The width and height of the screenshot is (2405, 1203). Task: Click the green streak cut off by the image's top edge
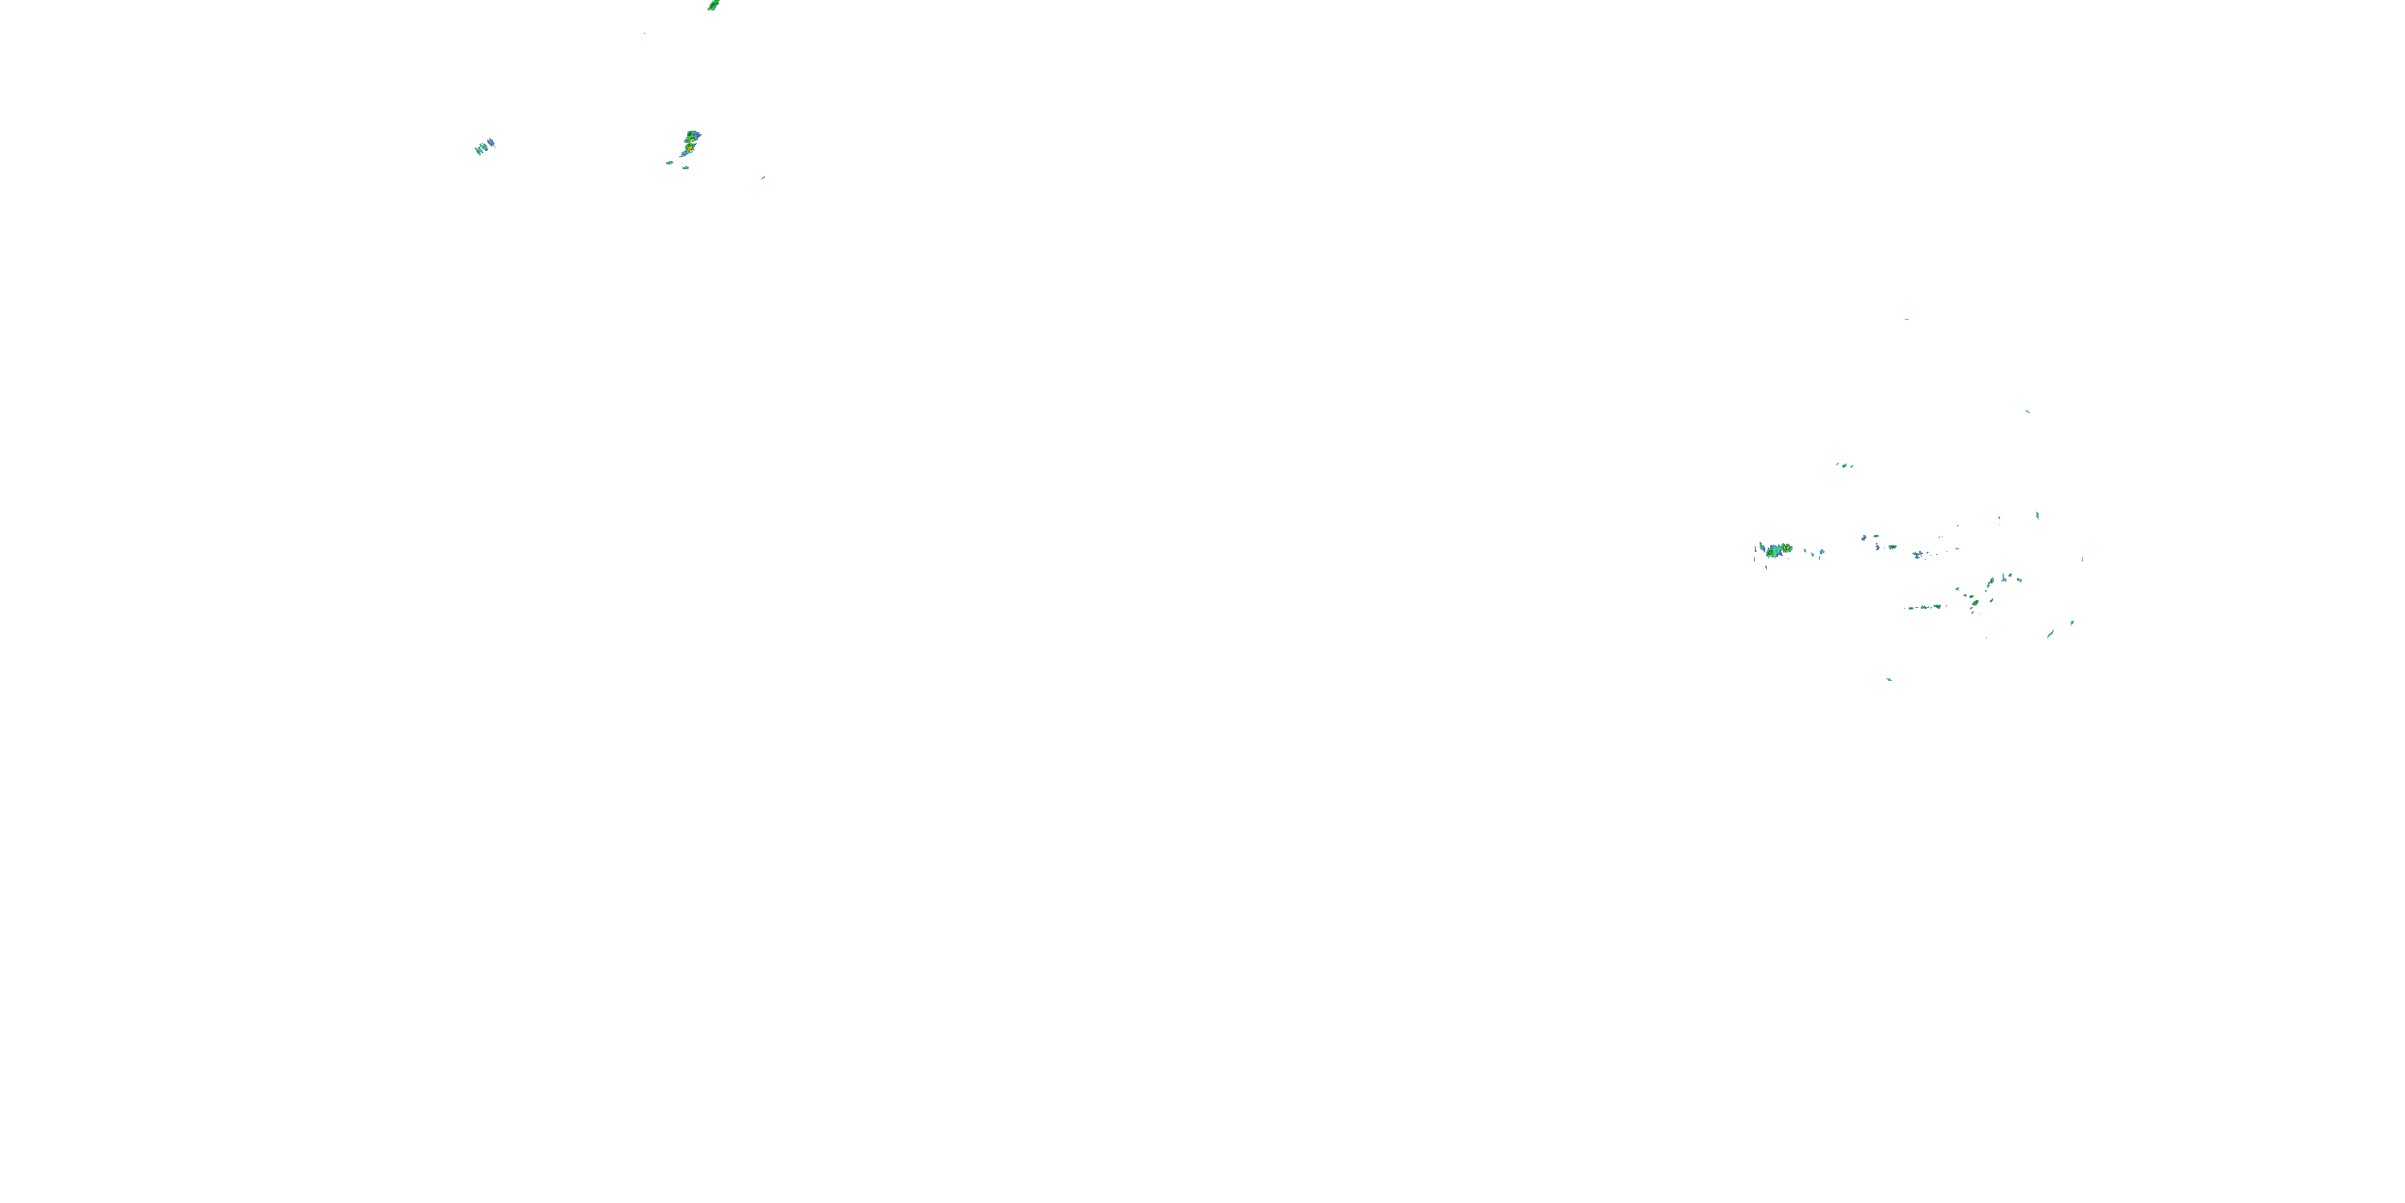point(713,5)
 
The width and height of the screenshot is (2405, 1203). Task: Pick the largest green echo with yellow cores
point(1774,550)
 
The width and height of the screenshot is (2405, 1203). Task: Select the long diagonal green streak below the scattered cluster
point(2051,634)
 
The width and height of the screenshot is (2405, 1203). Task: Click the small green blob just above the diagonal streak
point(2072,622)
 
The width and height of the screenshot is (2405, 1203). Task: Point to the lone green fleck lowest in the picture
point(1890,679)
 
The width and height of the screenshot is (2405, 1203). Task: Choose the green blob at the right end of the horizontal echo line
point(1938,606)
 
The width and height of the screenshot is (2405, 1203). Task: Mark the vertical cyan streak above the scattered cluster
point(2037,516)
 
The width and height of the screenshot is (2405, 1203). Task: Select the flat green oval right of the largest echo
point(1893,546)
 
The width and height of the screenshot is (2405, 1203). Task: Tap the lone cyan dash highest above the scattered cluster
point(1906,319)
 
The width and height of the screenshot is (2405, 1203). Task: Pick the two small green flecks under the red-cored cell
point(677,165)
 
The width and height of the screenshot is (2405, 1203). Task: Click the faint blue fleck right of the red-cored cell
point(762,177)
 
